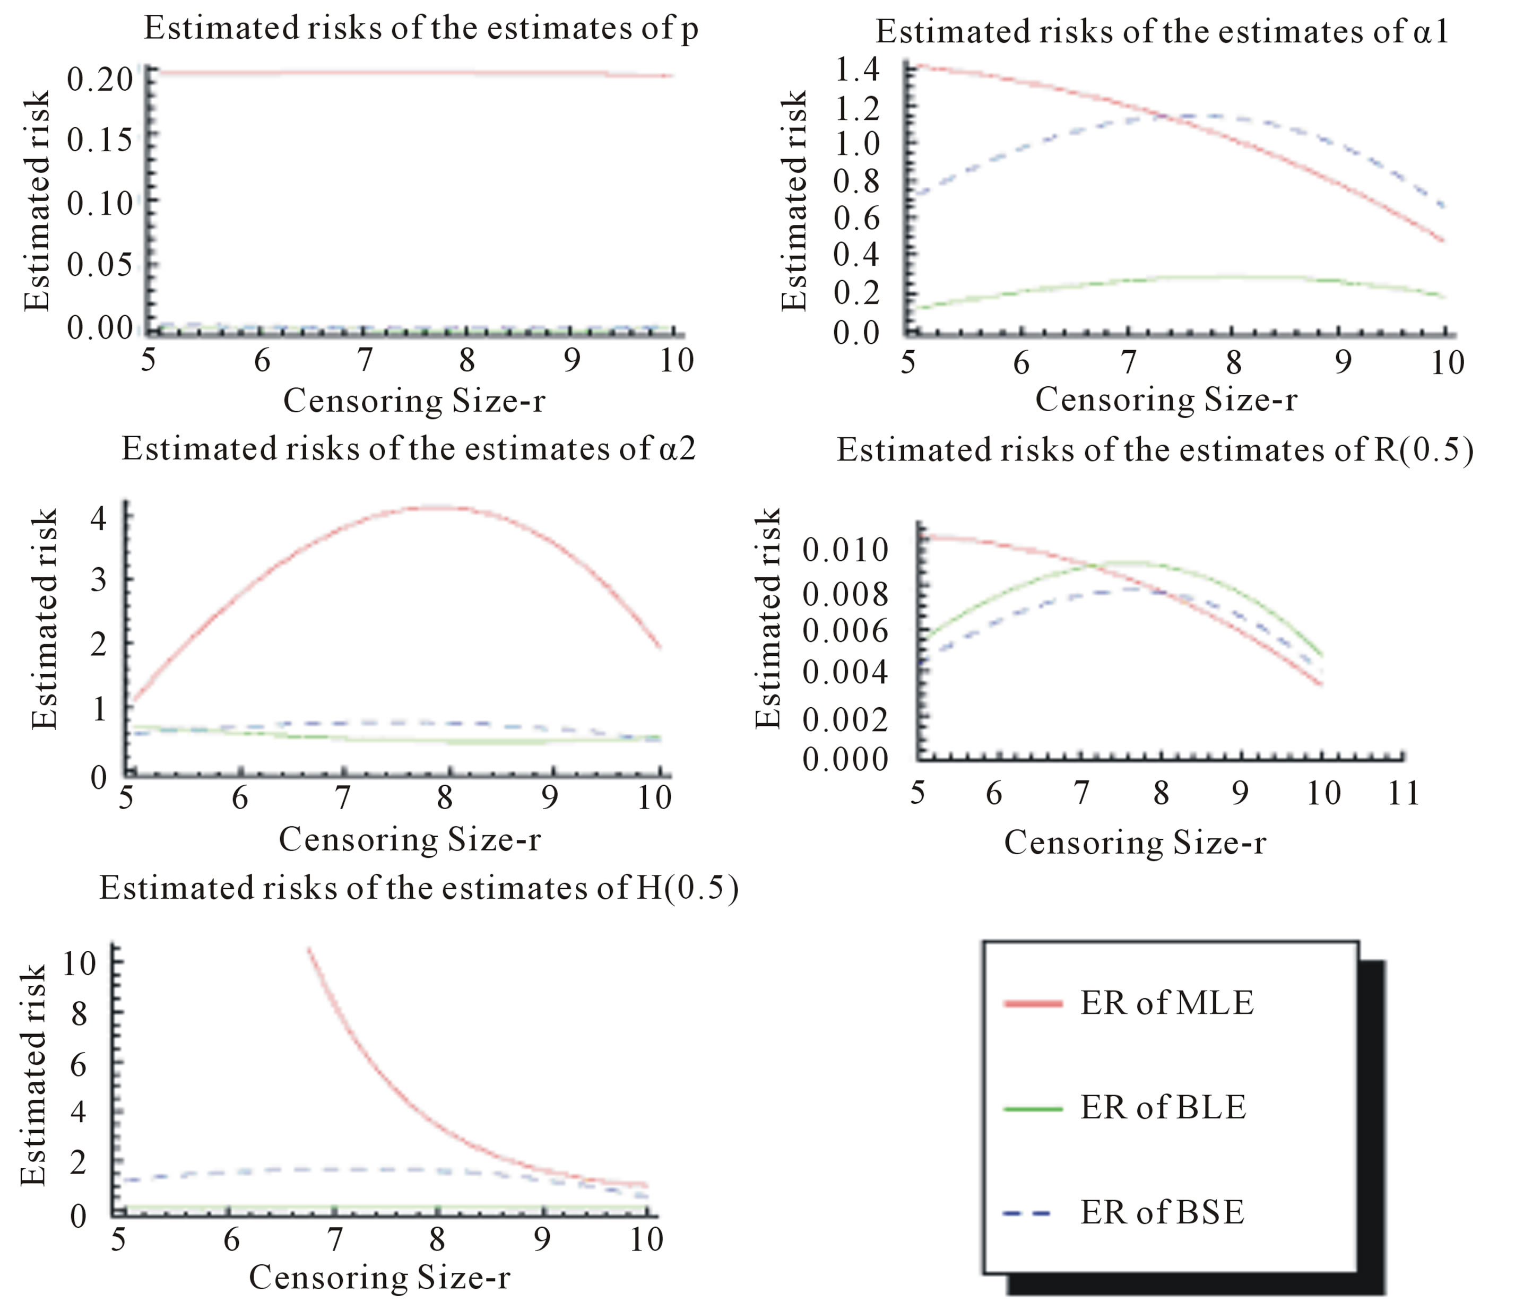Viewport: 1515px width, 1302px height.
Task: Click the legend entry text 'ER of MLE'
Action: tap(1167, 1002)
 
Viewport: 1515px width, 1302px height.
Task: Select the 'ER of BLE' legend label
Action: tap(1163, 1107)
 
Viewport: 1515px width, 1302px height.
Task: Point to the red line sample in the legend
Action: tap(1033, 1004)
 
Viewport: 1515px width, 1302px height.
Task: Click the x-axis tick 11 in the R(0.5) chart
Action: tap(1403, 793)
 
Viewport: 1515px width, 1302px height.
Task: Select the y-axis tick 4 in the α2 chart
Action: tap(98, 518)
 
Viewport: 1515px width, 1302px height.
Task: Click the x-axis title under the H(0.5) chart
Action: tap(379, 1277)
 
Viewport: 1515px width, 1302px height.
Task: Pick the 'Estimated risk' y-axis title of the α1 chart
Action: tap(794, 201)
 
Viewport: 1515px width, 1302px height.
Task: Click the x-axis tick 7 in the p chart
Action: tap(364, 360)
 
